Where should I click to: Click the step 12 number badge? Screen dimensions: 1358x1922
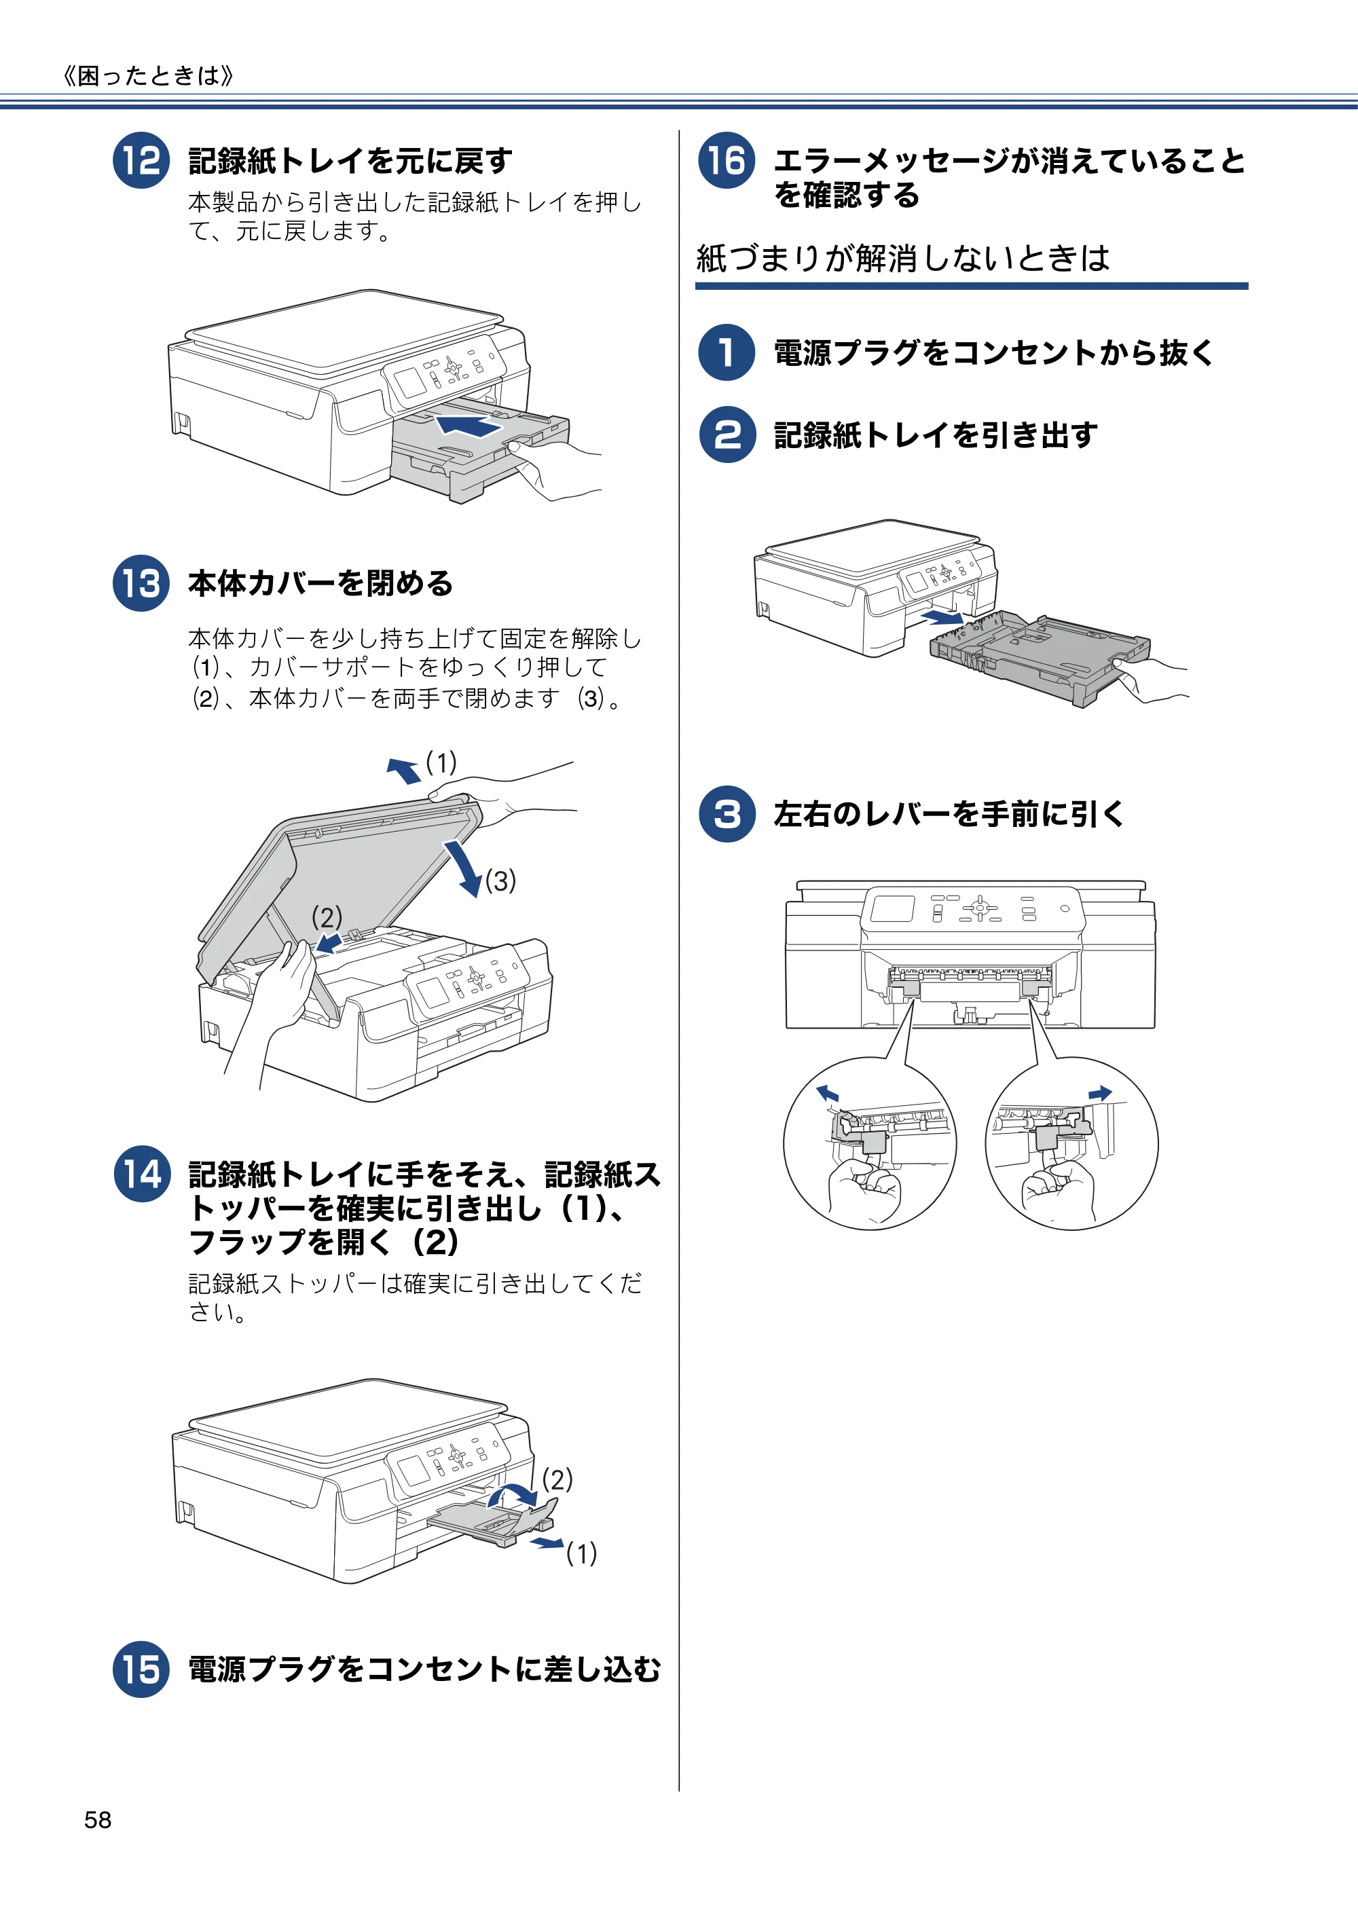(x=141, y=161)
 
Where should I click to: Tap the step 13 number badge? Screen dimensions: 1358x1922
(x=141, y=583)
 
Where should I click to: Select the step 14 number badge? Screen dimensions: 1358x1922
(x=141, y=1174)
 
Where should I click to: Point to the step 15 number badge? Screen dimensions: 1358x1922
(x=141, y=1669)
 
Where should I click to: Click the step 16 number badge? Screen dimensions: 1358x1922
(x=727, y=161)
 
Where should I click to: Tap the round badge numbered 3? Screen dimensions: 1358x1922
(x=727, y=813)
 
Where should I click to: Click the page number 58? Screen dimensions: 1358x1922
(x=98, y=1820)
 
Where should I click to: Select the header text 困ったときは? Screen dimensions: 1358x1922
(x=148, y=76)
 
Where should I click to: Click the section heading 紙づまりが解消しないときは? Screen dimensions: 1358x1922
(x=902, y=258)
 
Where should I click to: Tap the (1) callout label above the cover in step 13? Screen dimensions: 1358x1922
(x=441, y=762)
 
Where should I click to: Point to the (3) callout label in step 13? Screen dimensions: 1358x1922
(x=500, y=881)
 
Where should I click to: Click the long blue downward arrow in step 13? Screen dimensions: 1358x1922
(x=463, y=868)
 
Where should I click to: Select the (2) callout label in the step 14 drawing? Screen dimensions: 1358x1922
(x=557, y=1479)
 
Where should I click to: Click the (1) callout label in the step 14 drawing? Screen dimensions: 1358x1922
(x=581, y=1553)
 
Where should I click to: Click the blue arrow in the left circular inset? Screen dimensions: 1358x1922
(x=827, y=1092)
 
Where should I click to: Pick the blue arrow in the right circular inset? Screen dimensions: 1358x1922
(x=1100, y=1093)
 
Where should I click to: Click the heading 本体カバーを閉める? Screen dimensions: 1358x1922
(x=320, y=583)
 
